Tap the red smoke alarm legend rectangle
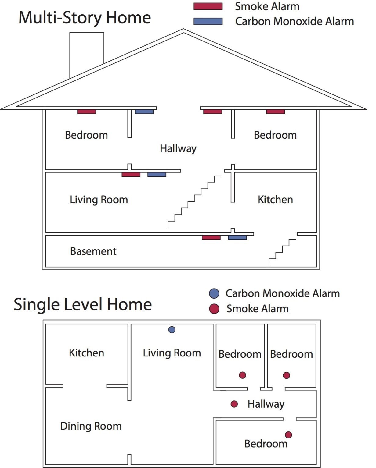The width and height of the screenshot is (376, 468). (208, 6)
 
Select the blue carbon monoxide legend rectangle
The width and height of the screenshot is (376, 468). (208, 21)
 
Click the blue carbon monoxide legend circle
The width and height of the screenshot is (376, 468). (214, 293)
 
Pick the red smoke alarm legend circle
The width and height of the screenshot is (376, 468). (214, 309)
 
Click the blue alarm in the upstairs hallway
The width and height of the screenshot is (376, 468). (144, 112)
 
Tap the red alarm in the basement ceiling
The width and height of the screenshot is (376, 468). (211, 237)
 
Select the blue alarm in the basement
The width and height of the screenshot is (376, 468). (237, 237)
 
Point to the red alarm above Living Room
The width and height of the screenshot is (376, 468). (131, 174)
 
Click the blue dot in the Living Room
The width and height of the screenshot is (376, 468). (172, 330)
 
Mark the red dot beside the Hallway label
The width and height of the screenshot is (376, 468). (234, 404)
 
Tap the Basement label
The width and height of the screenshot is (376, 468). (93, 251)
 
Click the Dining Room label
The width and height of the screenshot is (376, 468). (91, 426)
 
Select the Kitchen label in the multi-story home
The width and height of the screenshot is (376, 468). (275, 200)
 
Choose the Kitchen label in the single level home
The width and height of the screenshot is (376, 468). (86, 353)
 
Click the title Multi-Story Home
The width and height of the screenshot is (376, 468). (85, 18)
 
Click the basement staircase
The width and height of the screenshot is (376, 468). (282, 252)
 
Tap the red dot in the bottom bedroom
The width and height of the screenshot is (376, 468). (288, 435)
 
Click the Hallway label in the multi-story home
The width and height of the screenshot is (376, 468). (178, 149)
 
